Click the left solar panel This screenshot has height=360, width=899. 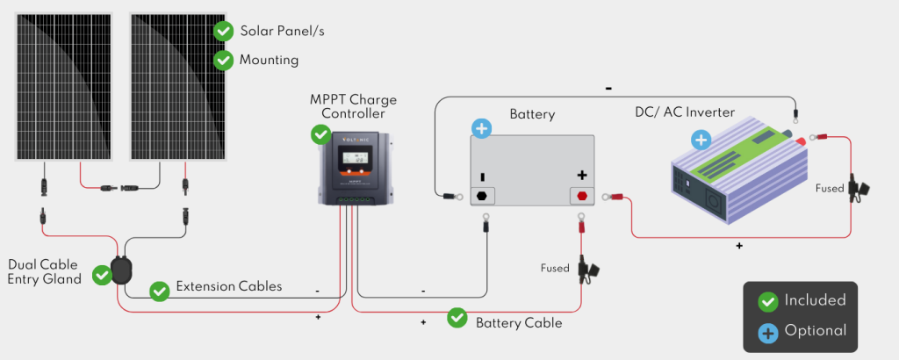click(62, 86)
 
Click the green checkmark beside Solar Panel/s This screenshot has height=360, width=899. click(224, 32)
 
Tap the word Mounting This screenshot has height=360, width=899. click(269, 61)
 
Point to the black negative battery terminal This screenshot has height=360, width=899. click(483, 195)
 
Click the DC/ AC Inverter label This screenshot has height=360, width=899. click(685, 112)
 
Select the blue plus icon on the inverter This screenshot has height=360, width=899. click(701, 139)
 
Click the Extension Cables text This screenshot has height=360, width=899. click(229, 286)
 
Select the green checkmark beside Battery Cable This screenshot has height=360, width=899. click(457, 317)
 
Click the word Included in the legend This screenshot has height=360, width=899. click(815, 300)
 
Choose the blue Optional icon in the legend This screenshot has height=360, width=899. click(768, 332)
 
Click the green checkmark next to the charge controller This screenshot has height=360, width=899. click(321, 135)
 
